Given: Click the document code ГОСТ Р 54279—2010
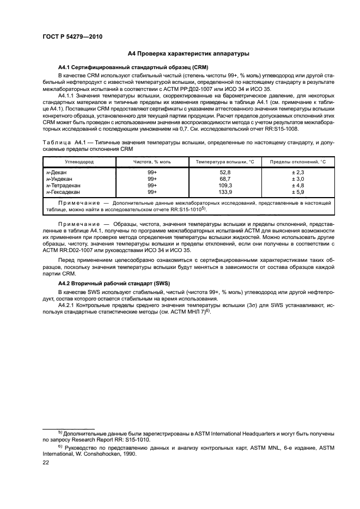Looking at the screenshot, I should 72,36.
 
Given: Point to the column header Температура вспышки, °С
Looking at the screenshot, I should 225,162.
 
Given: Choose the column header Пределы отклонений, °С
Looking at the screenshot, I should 297,162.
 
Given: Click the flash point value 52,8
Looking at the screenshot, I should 225,172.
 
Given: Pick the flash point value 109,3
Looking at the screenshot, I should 225,185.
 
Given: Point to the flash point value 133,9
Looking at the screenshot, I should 225,192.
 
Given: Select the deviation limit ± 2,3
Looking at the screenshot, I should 297,172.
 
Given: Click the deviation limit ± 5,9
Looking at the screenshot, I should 297,192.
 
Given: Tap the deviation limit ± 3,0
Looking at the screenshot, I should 297,179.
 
